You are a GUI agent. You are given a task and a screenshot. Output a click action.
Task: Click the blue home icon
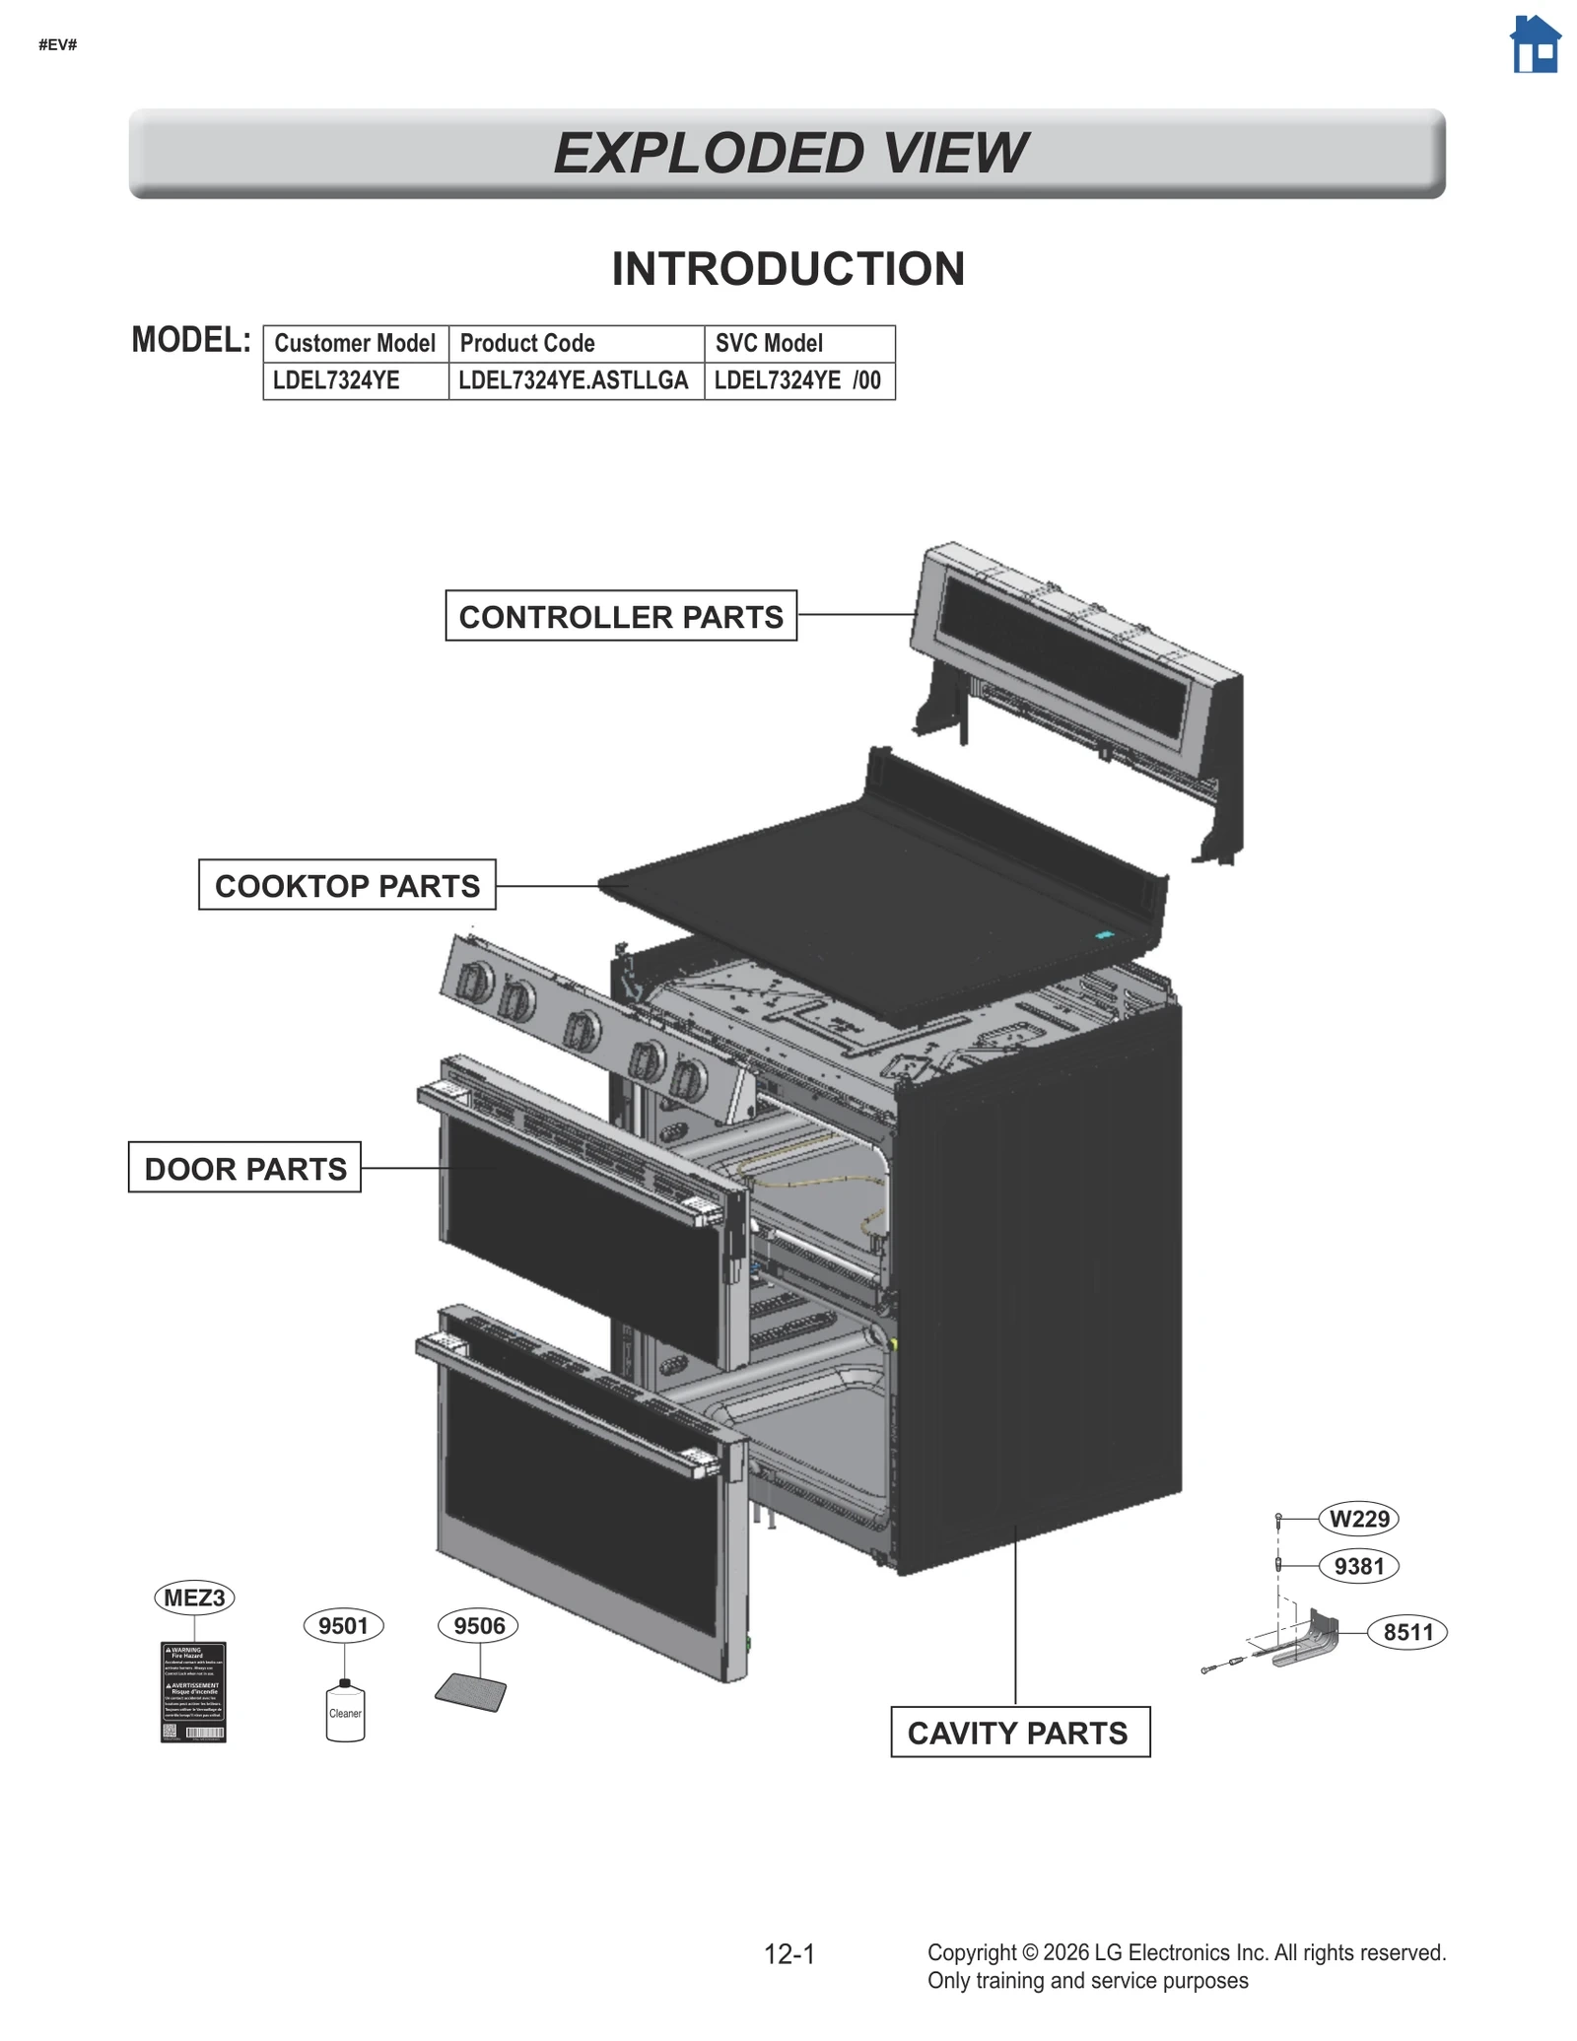[1535, 45]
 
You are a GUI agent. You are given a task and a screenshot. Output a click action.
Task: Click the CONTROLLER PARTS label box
[621, 616]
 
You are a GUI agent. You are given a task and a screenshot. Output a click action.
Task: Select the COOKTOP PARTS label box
[347, 885]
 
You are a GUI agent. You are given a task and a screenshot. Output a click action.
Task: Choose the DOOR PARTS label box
[244, 1168]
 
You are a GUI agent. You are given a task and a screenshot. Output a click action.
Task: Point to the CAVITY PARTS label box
[1019, 1733]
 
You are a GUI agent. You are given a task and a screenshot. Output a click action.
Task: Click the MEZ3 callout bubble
[194, 1598]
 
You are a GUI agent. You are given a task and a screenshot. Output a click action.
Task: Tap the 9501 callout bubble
[343, 1626]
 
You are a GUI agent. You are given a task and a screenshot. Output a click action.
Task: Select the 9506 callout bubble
[479, 1626]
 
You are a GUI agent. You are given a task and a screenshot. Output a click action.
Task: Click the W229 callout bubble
[1358, 1519]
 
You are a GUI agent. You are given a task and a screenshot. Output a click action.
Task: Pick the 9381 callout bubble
[1358, 1566]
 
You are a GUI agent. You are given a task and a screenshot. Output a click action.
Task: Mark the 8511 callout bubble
[1407, 1632]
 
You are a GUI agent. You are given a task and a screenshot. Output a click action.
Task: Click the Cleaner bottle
[345, 1713]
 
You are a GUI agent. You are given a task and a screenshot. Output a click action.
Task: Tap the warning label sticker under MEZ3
[193, 1692]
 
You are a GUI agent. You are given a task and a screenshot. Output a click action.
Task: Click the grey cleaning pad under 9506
[471, 1692]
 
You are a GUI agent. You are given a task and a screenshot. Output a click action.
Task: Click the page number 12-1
[789, 1953]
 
